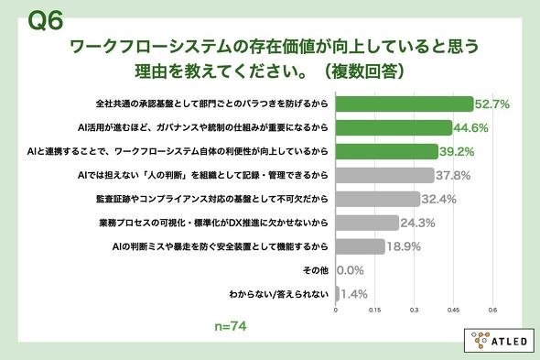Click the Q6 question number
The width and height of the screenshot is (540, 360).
tap(46, 20)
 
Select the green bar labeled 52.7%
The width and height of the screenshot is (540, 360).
tap(405, 104)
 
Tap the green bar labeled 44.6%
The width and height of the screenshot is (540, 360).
tap(394, 127)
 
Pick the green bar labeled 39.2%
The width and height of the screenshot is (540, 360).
tap(387, 151)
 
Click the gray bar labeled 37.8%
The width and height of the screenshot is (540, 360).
tap(384, 175)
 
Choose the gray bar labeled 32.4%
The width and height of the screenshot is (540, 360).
tap(378, 199)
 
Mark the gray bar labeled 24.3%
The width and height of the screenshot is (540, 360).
tap(367, 223)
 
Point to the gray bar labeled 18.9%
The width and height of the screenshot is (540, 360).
tap(361, 246)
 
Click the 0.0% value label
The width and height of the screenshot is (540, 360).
tap(351, 270)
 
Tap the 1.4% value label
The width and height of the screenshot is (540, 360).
tap(354, 294)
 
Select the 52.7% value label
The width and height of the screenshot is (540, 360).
tap(492, 104)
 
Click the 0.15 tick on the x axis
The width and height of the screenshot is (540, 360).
tap(374, 310)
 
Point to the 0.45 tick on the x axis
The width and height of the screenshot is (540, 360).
tap(453, 310)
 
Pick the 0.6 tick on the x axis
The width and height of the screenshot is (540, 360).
tap(492, 310)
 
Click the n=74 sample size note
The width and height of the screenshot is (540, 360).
tap(231, 326)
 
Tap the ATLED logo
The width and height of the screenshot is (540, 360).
tap(500, 341)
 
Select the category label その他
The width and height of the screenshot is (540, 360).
tap(316, 270)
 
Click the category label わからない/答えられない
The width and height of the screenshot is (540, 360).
tap(279, 294)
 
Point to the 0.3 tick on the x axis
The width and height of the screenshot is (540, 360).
tap(414, 310)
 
